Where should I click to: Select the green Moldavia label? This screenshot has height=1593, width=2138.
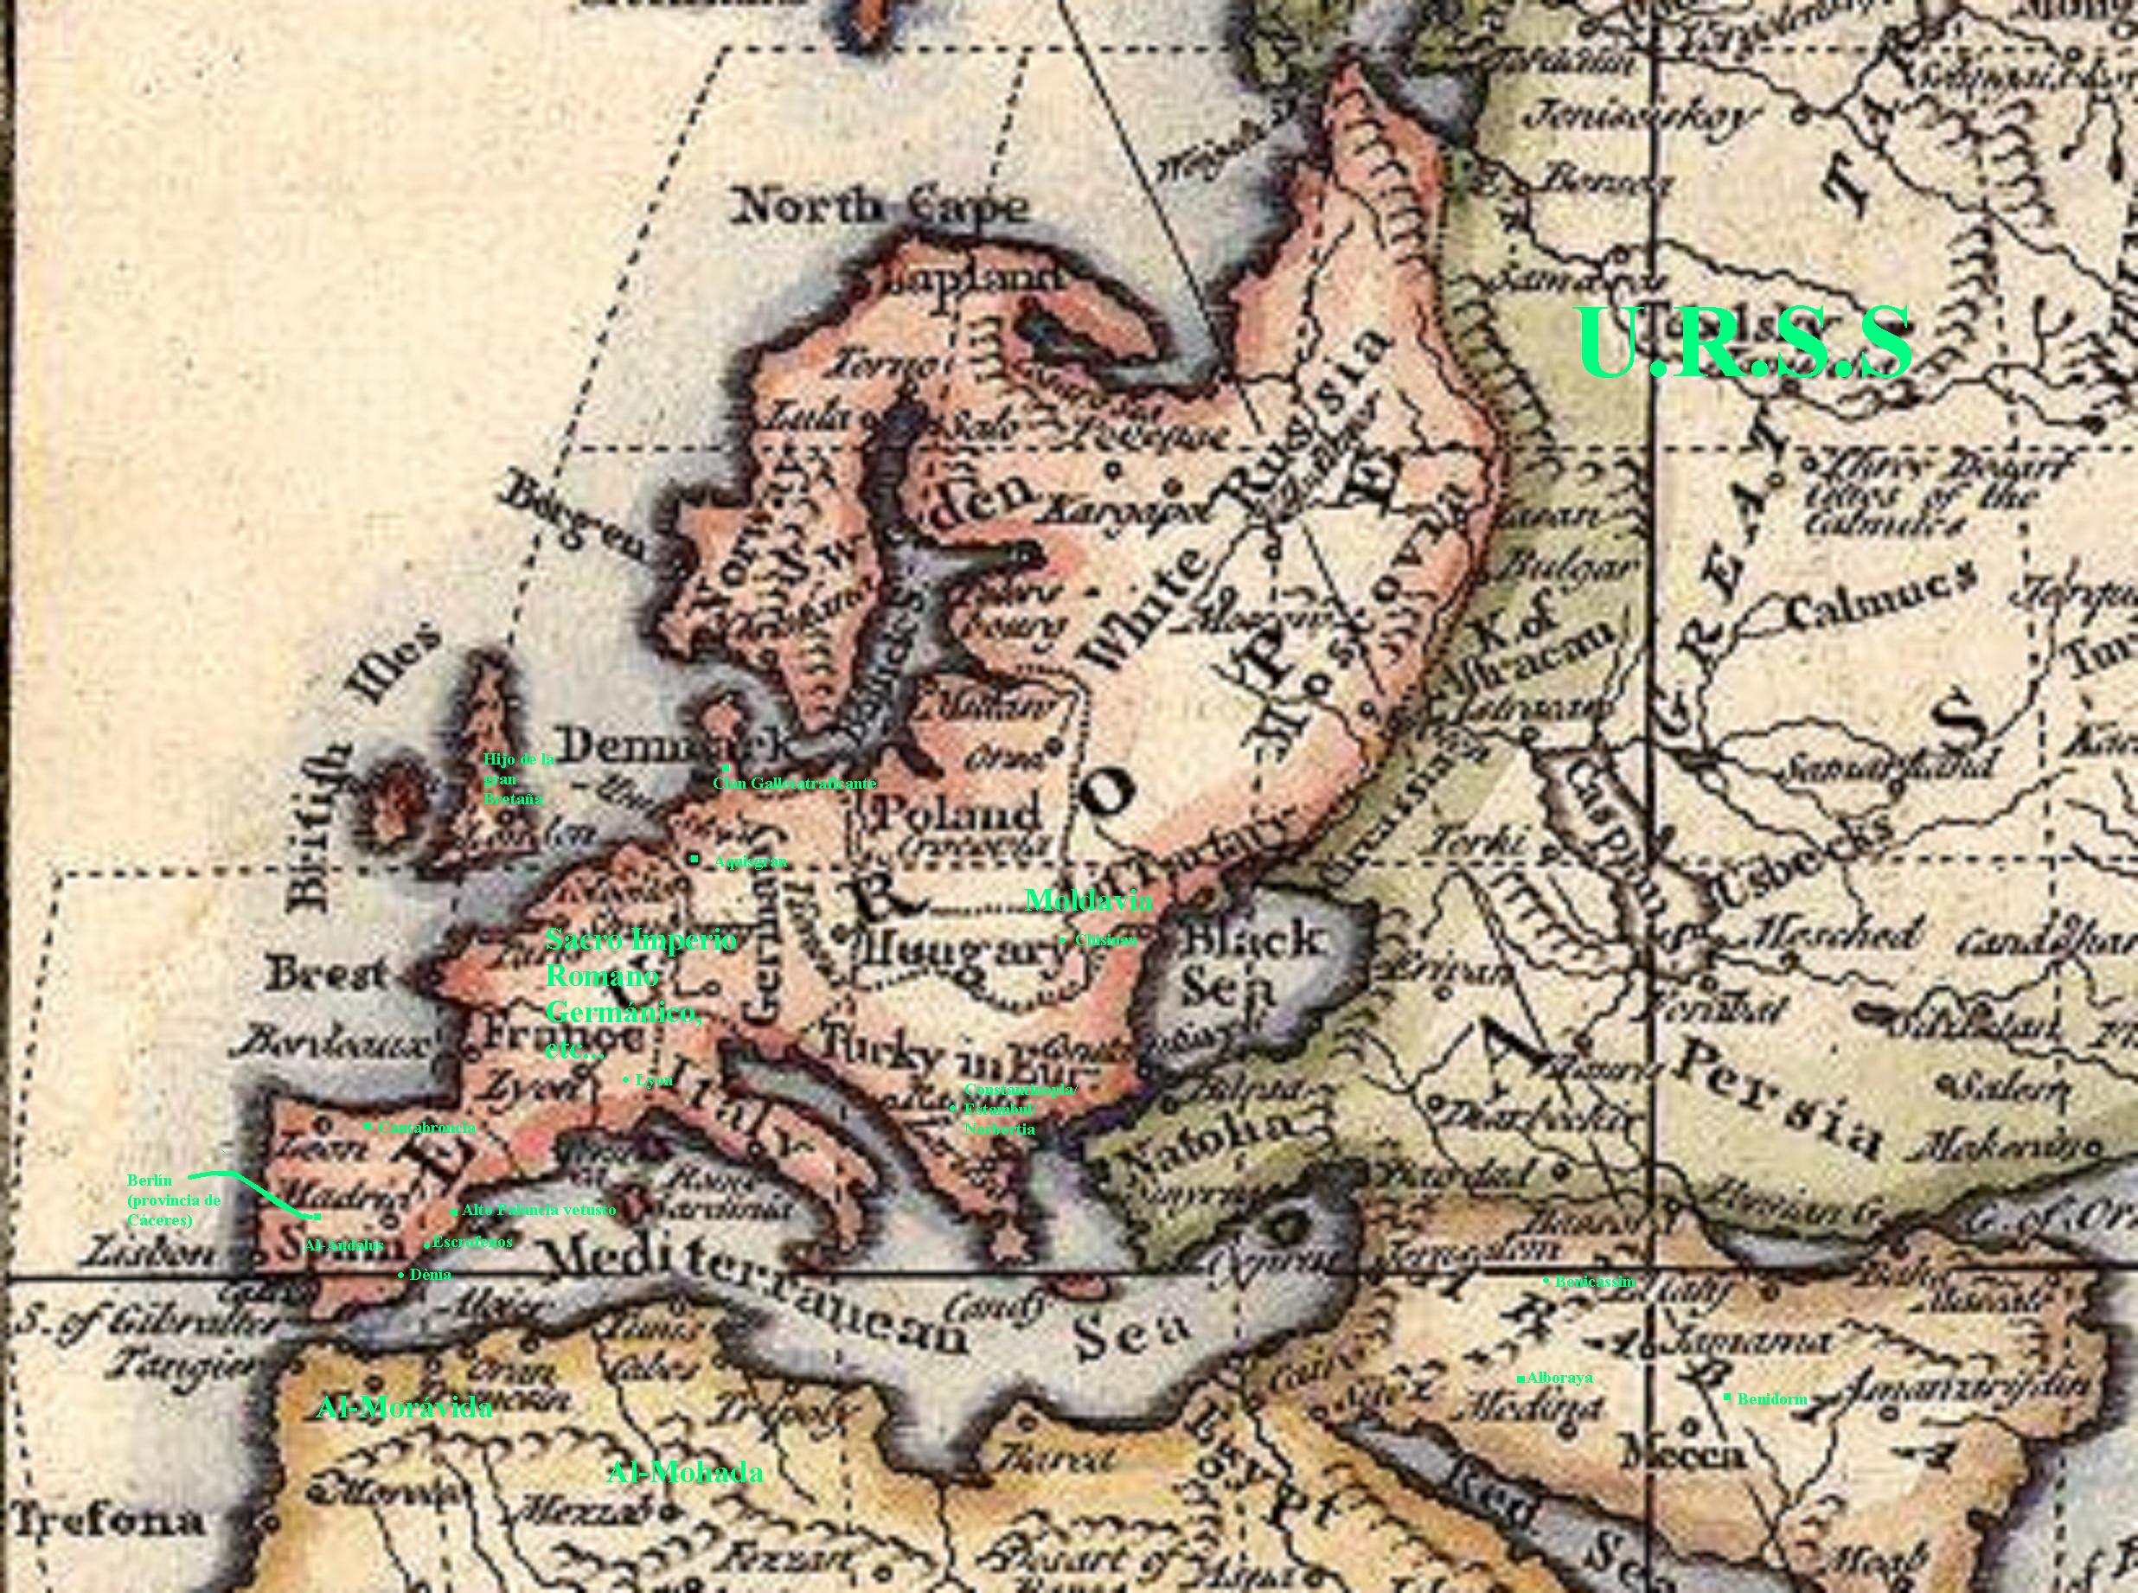(1088, 900)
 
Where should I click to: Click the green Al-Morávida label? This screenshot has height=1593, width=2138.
(404, 1407)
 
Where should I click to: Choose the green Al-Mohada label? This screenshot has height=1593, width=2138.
(685, 1473)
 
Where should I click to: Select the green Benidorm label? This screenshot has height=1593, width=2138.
(1770, 1399)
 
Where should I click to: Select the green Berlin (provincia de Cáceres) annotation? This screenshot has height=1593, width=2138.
(174, 1200)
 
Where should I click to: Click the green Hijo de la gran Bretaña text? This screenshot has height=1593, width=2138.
(518, 779)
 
